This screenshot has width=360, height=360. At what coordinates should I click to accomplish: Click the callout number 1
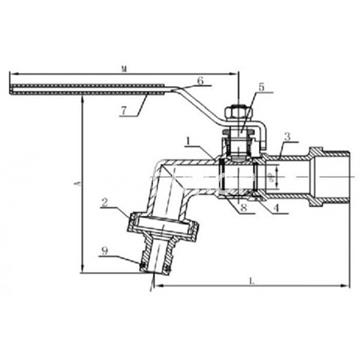tap(189, 142)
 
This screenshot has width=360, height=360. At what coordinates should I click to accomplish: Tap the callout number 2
tap(105, 202)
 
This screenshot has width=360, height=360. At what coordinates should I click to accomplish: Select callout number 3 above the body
tap(288, 137)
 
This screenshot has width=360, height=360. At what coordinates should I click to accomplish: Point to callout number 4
tap(275, 208)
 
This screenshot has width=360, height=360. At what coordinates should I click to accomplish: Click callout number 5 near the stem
tap(261, 87)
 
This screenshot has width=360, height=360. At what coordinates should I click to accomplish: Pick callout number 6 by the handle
tap(200, 80)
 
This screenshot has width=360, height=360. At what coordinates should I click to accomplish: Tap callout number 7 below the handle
tap(124, 111)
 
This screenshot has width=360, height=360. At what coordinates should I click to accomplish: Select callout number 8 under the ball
tap(244, 208)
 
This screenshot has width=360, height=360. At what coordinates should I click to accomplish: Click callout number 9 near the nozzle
tap(105, 251)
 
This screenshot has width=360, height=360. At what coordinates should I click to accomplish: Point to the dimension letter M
tap(124, 69)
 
